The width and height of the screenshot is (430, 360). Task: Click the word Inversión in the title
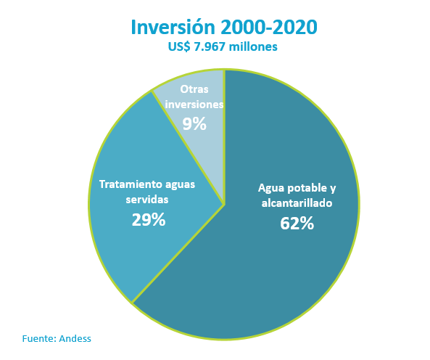[173, 27]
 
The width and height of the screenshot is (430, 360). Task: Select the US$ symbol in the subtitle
[179, 46]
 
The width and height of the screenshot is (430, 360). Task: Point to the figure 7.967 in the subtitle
[210, 46]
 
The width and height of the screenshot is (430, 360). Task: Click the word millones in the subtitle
[253, 46]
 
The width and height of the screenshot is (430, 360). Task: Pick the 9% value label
[194, 123]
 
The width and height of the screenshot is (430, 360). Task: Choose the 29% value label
[149, 219]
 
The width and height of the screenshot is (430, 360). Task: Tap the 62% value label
[297, 223]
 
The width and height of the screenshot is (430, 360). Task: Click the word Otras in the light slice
[194, 89]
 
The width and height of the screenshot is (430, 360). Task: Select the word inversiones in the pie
[194, 105]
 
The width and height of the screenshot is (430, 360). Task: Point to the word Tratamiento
[128, 184]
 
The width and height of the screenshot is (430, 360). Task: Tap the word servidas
[147, 200]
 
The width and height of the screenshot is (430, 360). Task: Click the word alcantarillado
[297, 203]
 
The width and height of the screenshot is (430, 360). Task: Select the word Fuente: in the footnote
[39, 339]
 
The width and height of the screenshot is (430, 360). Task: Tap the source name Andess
[75, 339]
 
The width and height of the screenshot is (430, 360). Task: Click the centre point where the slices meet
[225, 204]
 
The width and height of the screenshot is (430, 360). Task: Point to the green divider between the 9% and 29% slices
[188, 147]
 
